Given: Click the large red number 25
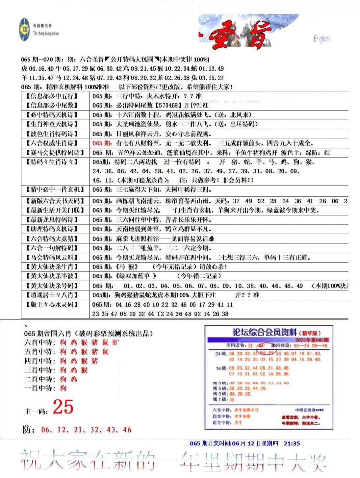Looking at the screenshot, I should pyautogui.click(x=63, y=407).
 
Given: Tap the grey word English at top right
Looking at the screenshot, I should pyautogui.click(x=321, y=39).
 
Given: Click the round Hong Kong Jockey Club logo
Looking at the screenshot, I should pyautogui.click(x=24, y=30).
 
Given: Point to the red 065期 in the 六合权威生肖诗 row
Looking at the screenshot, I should pyautogui.click(x=102, y=143).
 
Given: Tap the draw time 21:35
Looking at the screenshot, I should pyautogui.click(x=292, y=443).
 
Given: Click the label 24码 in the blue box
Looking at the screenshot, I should pyautogui.click(x=221, y=354).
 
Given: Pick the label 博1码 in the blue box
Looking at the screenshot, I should pyautogui.click(x=220, y=399).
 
